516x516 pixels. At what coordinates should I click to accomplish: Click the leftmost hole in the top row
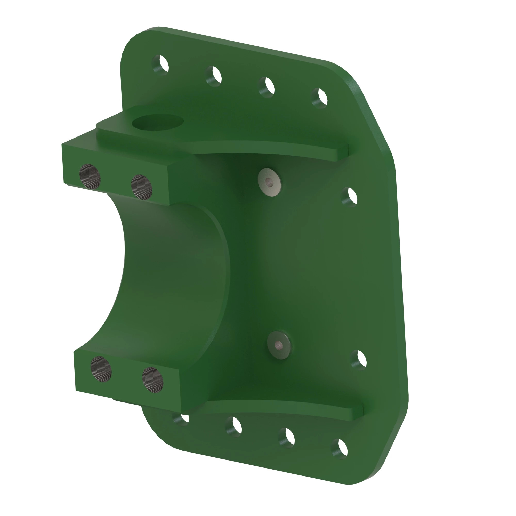[160, 65]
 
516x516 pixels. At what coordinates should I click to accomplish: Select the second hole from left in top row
[214, 76]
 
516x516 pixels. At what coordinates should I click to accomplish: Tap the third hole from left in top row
[267, 87]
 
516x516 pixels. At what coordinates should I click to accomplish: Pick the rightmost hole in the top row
[320, 98]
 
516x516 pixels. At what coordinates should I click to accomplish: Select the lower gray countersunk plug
[279, 345]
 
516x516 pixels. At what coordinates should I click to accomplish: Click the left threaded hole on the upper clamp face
[90, 175]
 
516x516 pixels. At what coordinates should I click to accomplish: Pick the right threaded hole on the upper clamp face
[142, 187]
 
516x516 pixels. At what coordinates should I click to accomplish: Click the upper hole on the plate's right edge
[350, 197]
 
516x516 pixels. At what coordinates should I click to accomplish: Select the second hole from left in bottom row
[234, 426]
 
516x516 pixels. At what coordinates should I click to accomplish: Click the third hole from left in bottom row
[287, 438]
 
